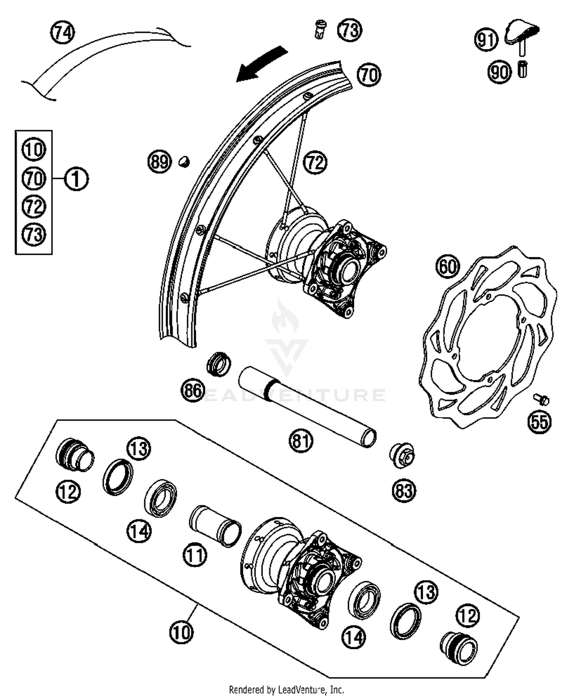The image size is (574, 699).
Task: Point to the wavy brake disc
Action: click(x=488, y=337)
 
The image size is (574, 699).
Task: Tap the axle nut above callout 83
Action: click(x=402, y=455)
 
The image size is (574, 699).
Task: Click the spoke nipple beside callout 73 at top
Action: click(x=320, y=30)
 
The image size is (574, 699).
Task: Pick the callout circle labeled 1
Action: click(x=76, y=179)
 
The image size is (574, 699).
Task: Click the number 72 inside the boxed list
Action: click(x=34, y=206)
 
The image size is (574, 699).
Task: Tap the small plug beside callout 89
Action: click(x=184, y=161)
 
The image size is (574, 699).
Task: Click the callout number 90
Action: click(x=499, y=72)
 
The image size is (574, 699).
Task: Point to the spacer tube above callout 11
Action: click(x=215, y=526)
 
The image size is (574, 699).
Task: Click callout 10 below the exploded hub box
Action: click(x=181, y=632)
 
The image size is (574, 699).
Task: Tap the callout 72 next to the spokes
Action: click(x=315, y=163)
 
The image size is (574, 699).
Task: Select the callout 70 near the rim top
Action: click(x=369, y=75)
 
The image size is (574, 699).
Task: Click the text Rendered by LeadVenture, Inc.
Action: click(x=286, y=690)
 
